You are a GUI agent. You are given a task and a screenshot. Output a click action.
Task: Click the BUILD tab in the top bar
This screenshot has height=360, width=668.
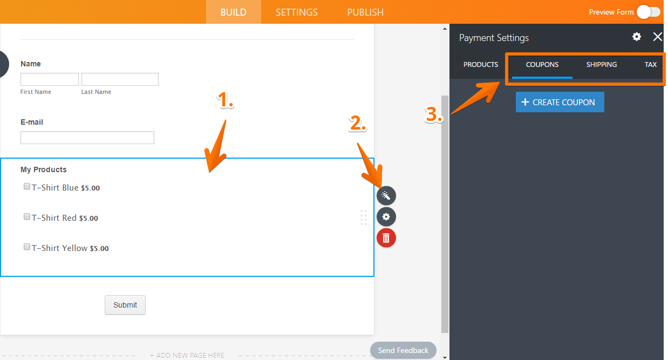click(233, 12)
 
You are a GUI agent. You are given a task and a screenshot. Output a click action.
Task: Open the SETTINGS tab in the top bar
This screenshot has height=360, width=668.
click(296, 12)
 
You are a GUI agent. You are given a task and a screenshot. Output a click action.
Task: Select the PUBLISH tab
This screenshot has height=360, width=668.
click(365, 12)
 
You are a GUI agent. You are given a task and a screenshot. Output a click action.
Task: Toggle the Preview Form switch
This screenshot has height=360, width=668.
click(649, 12)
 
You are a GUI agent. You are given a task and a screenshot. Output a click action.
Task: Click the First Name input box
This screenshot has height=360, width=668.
click(50, 79)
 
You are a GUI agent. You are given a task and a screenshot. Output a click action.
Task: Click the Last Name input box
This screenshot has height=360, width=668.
click(120, 79)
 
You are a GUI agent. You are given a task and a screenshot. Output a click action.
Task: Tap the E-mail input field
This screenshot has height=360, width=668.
click(87, 138)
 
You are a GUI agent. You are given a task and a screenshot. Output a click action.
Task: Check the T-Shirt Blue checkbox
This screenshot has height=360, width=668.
click(27, 186)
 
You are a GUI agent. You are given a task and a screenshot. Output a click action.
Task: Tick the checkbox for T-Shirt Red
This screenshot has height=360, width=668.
click(27, 216)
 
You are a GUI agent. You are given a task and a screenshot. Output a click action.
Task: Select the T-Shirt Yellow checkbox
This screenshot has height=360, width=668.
click(27, 247)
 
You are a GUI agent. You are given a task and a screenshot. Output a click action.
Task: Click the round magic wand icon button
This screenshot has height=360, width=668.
click(386, 195)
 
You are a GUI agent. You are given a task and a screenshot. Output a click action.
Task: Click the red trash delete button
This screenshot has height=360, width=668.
click(386, 237)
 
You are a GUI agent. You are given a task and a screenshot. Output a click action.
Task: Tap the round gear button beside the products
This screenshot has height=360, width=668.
click(386, 216)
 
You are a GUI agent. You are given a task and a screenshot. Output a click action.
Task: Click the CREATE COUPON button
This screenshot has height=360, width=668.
click(560, 102)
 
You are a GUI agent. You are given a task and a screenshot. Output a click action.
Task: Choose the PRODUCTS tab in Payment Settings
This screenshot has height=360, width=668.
click(481, 64)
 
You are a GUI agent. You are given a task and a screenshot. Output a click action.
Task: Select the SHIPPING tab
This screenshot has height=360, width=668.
click(602, 64)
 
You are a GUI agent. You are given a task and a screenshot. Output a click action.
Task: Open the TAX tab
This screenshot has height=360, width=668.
click(651, 64)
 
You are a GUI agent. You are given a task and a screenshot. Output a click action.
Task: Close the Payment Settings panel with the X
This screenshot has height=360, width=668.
click(657, 37)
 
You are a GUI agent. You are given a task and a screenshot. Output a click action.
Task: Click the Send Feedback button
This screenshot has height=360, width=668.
click(403, 350)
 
